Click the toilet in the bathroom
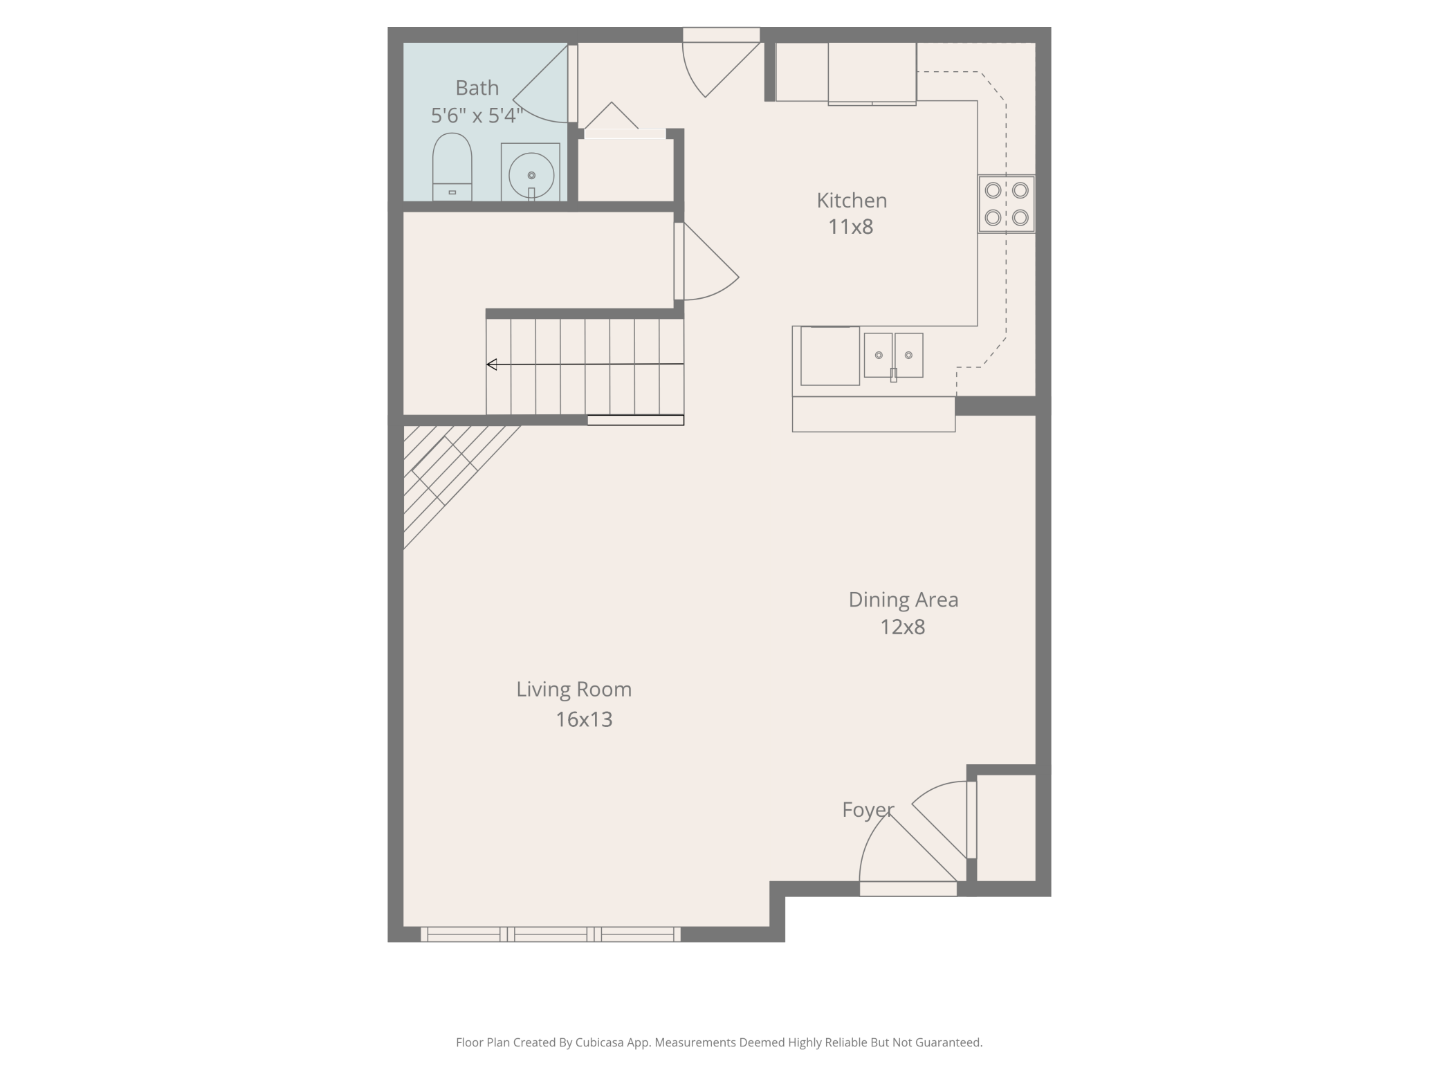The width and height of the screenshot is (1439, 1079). pyautogui.click(x=452, y=167)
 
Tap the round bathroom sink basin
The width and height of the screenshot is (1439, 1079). pyautogui.click(x=531, y=176)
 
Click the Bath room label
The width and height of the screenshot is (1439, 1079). pyautogui.click(x=477, y=88)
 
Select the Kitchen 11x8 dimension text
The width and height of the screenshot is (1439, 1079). pyautogui.click(x=851, y=227)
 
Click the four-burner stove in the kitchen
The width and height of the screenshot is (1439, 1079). pyautogui.click(x=1007, y=203)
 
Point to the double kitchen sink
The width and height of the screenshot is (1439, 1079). pyautogui.click(x=893, y=356)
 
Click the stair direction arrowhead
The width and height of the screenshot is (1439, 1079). pyautogui.click(x=492, y=365)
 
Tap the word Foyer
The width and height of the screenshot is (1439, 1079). pyautogui.click(x=868, y=810)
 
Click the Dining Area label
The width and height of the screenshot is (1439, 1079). pyautogui.click(x=904, y=600)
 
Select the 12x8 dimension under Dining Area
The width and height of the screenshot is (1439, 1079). pyautogui.click(x=902, y=627)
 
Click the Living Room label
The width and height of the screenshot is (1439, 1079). pyautogui.click(x=574, y=690)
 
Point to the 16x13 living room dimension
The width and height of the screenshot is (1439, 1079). pyautogui.click(x=584, y=720)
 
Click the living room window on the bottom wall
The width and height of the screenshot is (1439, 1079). pyautogui.click(x=551, y=934)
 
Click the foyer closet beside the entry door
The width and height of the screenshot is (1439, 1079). pyautogui.click(x=1006, y=828)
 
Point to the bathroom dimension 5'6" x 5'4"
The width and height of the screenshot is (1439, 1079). pyautogui.click(x=477, y=116)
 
